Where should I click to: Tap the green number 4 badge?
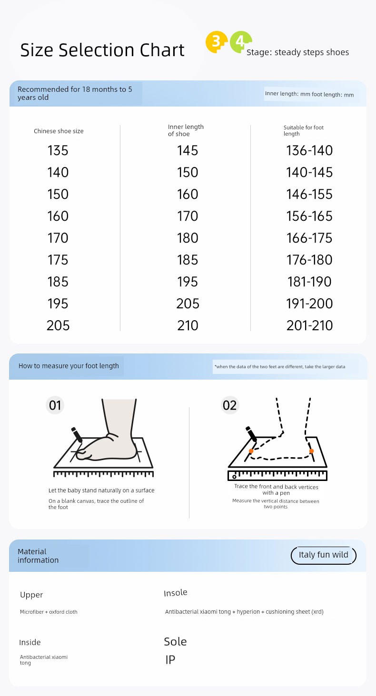tap(240, 42)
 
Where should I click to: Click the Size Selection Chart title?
tap(102, 50)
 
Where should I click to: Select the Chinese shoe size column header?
tap(59, 131)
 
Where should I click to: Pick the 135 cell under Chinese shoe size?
tap(58, 151)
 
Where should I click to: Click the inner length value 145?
tap(188, 151)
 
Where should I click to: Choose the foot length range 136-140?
tap(309, 151)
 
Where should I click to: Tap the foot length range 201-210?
tap(309, 325)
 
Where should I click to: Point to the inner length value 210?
tap(188, 325)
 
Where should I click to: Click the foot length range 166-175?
tap(309, 238)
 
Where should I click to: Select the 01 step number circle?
tap(55, 405)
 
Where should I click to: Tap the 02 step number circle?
tap(230, 405)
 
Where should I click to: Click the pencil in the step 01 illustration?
tap(77, 435)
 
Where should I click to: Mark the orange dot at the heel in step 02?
tap(311, 451)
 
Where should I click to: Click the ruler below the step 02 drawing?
tap(277, 475)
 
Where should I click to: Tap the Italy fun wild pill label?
tap(324, 555)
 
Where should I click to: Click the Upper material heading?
tap(31, 595)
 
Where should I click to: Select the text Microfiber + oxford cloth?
tap(49, 612)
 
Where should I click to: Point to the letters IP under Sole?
tap(170, 659)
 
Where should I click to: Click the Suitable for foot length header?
tap(304, 130)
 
